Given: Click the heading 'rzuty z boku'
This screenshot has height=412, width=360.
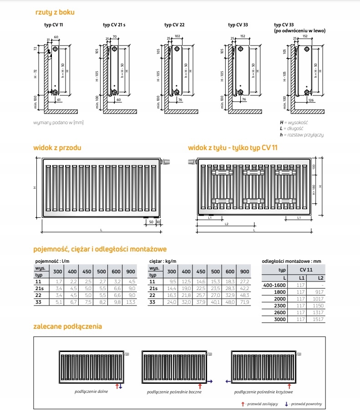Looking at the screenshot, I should click(55, 12).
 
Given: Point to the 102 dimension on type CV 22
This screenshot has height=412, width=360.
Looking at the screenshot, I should click(177, 36).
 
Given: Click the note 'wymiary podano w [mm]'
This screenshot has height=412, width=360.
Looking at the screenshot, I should click(58, 123).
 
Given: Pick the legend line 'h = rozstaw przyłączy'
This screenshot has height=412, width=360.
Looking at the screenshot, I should click(302, 135).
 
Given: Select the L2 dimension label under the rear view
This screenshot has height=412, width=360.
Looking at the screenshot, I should click(226, 224).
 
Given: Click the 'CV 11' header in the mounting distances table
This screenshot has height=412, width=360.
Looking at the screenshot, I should click(309, 270).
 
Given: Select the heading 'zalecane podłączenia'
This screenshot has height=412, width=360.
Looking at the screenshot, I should click(67, 327).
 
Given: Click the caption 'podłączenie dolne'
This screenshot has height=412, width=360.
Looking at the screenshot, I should click(92, 391).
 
